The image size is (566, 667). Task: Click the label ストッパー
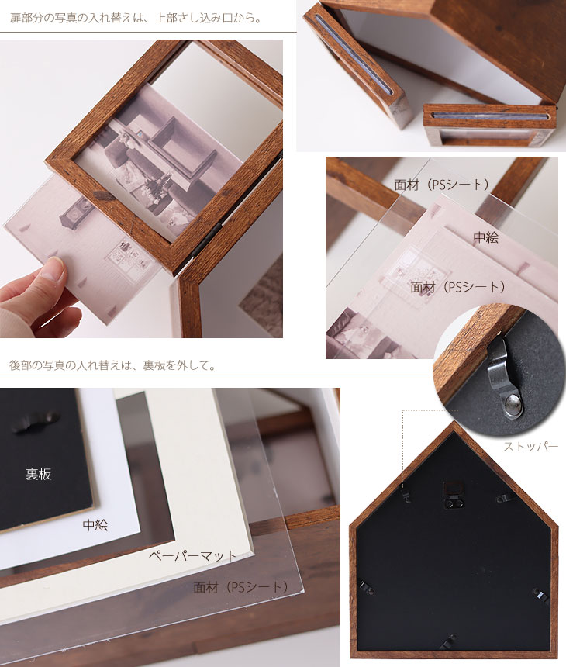(530, 447)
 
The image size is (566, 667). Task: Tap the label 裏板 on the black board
(38, 474)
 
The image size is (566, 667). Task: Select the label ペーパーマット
(192, 555)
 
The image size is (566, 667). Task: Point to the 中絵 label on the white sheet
(95, 525)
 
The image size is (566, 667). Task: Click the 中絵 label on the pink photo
(485, 237)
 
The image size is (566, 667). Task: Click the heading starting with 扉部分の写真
(135, 19)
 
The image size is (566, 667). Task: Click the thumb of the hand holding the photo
(53, 271)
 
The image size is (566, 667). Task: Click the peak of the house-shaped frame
(454, 423)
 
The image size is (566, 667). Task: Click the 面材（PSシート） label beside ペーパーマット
(240, 587)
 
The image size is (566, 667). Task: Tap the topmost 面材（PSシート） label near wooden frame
(441, 185)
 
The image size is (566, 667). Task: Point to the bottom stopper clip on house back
(450, 640)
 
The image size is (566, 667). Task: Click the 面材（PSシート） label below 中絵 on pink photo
(457, 287)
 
